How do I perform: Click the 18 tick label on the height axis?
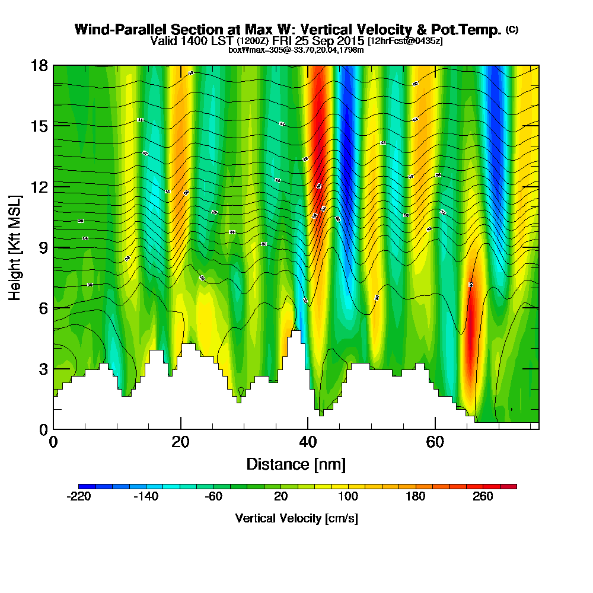tap(39, 65)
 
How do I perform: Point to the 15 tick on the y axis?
tap(39, 126)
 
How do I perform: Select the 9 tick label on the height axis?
tap(42, 247)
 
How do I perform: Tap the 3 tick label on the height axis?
tap(42, 369)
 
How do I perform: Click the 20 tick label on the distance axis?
tap(180, 442)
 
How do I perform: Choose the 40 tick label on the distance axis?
tap(308, 442)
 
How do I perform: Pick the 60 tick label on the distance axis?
tap(435, 442)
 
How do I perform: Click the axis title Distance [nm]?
tap(296, 464)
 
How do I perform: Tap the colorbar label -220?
tap(78, 497)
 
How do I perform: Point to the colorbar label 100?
tap(348, 497)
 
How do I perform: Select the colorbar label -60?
tap(213, 497)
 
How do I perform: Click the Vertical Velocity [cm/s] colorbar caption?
tap(296, 518)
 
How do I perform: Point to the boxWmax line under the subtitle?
tap(296, 50)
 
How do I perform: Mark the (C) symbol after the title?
tap(512, 29)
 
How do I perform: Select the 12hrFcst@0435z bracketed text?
tap(405, 42)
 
